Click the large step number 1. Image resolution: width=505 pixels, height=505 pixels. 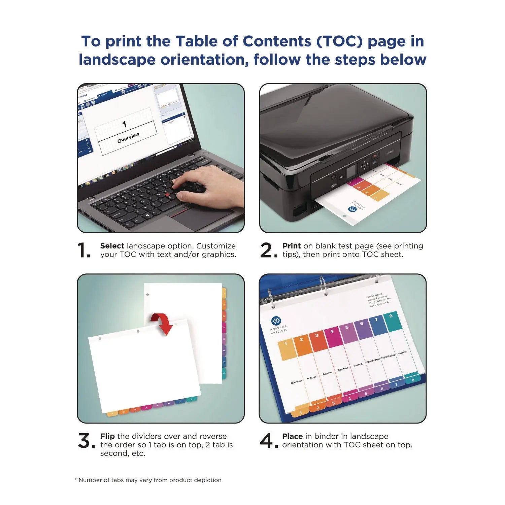83,250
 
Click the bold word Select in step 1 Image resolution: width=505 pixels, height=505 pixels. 112,246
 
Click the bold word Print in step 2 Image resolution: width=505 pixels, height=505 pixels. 292,246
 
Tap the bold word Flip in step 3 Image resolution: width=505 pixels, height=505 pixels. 107,436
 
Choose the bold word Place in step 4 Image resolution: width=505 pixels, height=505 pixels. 292,436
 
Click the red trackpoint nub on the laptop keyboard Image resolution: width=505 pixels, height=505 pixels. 167,195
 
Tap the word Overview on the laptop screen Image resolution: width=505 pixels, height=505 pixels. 128,138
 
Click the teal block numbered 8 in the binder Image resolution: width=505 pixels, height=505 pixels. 392,321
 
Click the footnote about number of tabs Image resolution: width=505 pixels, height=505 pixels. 148,480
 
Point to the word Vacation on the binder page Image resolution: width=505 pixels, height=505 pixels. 402,352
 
